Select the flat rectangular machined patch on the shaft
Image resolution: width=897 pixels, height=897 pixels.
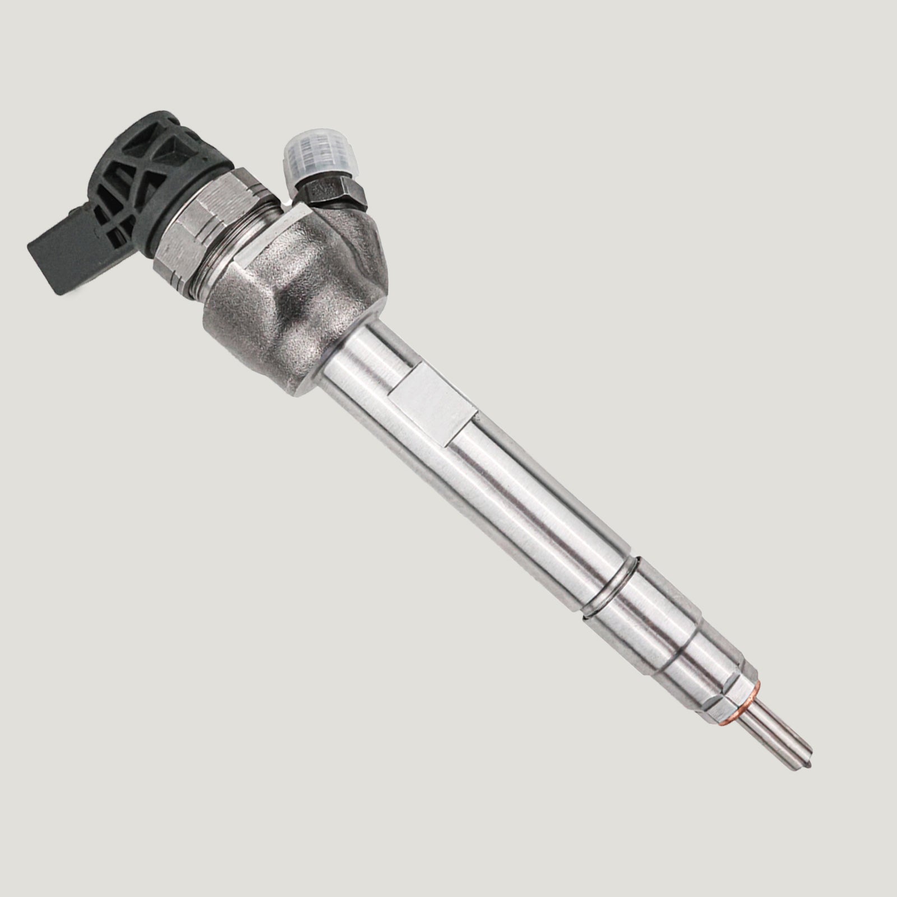click(x=432, y=401)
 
